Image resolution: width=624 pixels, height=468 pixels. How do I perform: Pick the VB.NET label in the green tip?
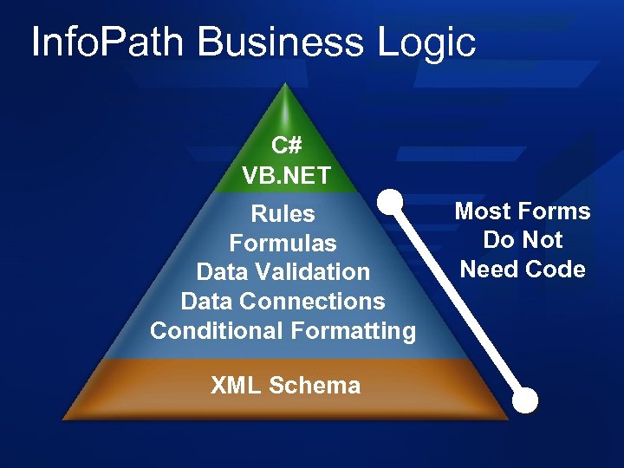[x=286, y=176]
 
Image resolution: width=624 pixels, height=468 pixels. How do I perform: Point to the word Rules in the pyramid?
[x=283, y=213]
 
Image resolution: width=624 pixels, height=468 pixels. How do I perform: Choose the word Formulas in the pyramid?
[x=283, y=243]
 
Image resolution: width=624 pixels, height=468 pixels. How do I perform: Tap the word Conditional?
[x=217, y=331]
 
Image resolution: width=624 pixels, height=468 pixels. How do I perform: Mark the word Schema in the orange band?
[x=315, y=386]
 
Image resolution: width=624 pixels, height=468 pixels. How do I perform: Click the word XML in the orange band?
[x=236, y=386]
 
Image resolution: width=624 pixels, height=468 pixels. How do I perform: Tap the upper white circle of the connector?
[x=392, y=201]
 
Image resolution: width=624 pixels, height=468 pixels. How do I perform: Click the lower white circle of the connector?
[x=525, y=400]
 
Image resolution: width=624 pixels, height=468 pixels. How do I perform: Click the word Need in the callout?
[x=488, y=270]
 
